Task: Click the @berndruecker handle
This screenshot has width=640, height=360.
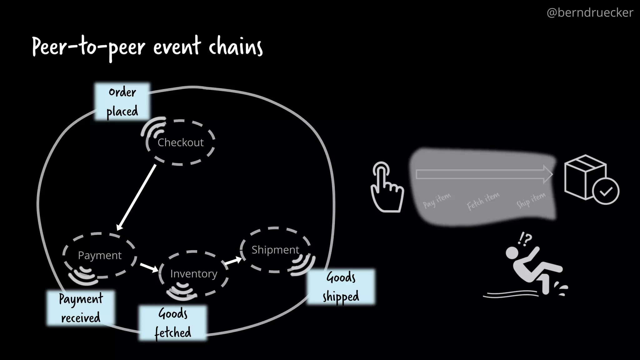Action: (x=590, y=12)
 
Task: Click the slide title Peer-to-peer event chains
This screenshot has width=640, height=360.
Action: (x=147, y=47)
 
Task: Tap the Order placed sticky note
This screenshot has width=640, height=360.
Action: (x=122, y=102)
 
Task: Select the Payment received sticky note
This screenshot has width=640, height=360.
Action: (x=81, y=308)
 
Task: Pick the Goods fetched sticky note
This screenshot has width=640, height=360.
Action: (x=173, y=323)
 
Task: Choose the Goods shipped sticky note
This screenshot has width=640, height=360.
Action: (x=341, y=287)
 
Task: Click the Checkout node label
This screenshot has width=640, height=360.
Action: (x=181, y=142)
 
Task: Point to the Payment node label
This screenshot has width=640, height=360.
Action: (x=100, y=255)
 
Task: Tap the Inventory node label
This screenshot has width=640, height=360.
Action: (x=194, y=274)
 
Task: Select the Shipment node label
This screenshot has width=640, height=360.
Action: (x=275, y=250)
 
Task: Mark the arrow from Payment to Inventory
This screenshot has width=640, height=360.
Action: (x=149, y=267)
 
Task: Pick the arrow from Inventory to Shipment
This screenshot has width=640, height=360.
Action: (x=233, y=261)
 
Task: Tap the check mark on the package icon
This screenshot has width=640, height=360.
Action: (x=606, y=191)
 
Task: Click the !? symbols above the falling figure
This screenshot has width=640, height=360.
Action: (x=525, y=239)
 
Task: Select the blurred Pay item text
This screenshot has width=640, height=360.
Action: (x=437, y=200)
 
